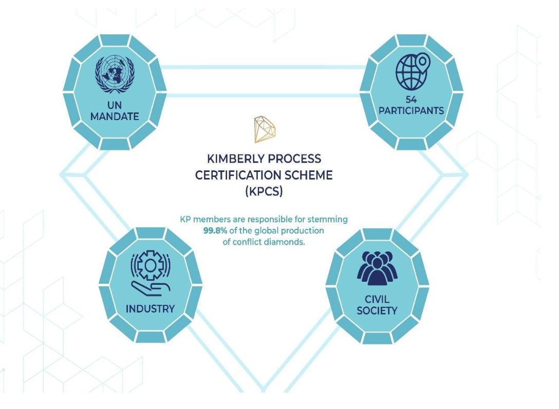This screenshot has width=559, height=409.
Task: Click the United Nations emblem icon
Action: (114, 74)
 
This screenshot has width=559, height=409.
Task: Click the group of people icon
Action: (377, 268)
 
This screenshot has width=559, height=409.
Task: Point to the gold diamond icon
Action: (265, 129)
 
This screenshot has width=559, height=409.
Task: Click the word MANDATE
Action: (114, 116)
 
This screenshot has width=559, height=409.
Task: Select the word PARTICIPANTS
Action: (411, 111)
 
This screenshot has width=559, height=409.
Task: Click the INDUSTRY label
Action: (150, 309)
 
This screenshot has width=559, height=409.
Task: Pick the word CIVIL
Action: (377, 299)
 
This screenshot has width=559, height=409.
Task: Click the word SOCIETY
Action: (377, 310)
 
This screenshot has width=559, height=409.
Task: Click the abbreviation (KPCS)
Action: (264, 192)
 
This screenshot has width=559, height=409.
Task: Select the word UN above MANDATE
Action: (114, 105)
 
